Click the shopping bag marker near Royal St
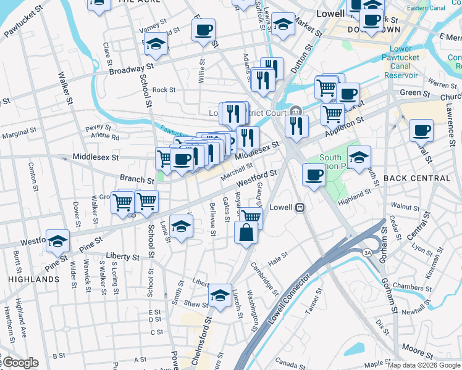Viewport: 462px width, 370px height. tap(246, 233)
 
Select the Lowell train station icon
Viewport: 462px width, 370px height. tap(300, 207)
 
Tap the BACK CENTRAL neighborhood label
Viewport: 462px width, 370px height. tap(417, 178)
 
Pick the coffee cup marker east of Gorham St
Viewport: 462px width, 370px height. tap(422, 131)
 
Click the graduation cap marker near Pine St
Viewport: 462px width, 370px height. tap(57, 240)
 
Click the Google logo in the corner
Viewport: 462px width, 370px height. tap(20, 363)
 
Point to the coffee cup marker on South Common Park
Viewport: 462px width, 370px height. tap(314, 175)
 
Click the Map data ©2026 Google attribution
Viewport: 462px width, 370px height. tap(423, 365)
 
